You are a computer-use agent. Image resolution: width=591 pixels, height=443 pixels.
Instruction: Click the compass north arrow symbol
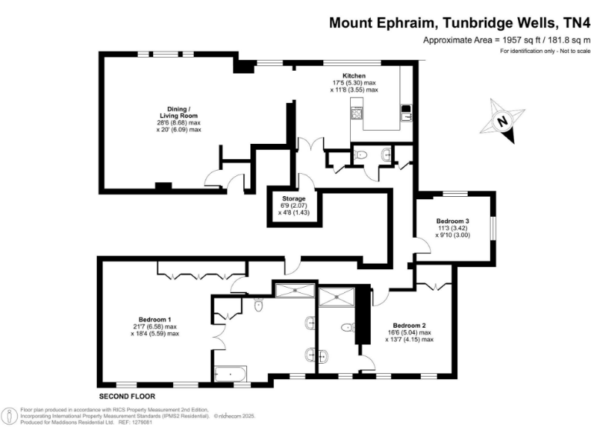tap(503, 122)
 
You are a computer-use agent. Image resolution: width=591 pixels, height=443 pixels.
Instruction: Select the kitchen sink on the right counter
tap(405, 118)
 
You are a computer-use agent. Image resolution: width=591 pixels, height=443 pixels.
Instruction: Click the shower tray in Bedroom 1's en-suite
tap(293, 289)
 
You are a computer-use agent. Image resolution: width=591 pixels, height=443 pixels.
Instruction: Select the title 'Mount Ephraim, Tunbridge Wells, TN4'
tap(459, 22)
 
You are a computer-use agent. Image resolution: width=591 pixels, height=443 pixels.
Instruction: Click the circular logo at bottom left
tap(10, 416)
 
